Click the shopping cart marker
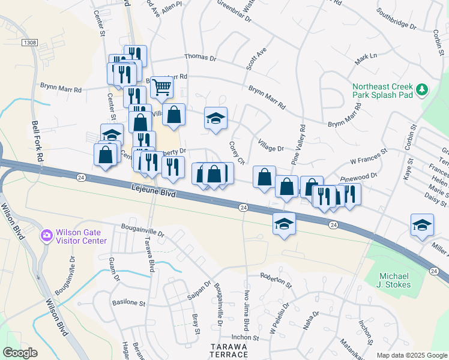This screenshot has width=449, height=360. pyautogui.click(x=161, y=88)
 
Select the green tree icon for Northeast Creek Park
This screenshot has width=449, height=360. pyautogui.click(x=422, y=89)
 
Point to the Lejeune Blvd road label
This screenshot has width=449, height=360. pyautogui.click(x=154, y=191)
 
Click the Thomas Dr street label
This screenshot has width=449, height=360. pyautogui.click(x=200, y=57)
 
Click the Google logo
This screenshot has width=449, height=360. pyautogui.click(x=20, y=353)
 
